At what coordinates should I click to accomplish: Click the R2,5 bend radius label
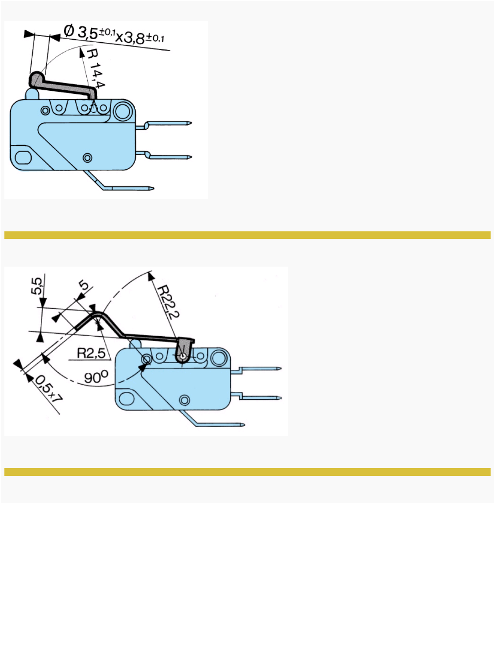pyautogui.click(x=91, y=353)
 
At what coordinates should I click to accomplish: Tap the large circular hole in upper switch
pyautogui.click(x=123, y=111)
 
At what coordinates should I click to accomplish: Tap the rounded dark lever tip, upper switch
pyautogui.click(x=36, y=80)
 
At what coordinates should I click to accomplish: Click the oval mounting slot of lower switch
pyautogui.click(x=126, y=399)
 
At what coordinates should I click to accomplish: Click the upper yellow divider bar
pyautogui.click(x=247, y=235)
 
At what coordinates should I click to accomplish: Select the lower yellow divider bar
pyautogui.click(x=247, y=472)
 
